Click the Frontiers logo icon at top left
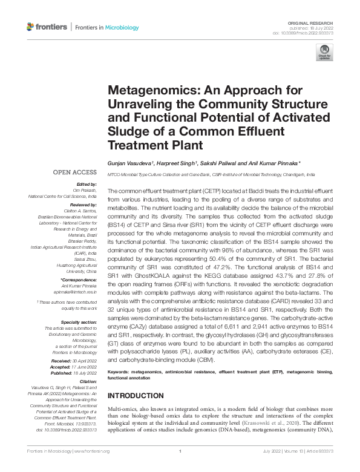tap(32, 27)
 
